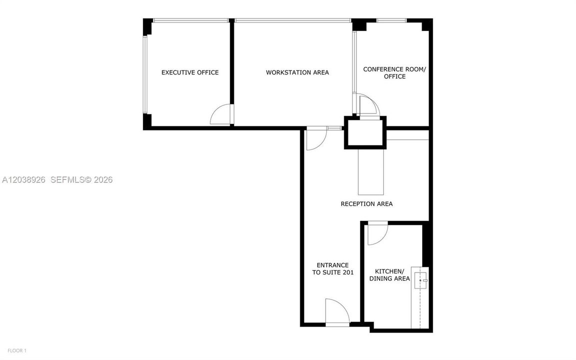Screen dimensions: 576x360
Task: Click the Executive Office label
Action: click(x=190, y=72)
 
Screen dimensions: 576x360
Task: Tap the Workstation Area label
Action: click(x=297, y=72)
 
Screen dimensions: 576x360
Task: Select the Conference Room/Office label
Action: click(x=395, y=72)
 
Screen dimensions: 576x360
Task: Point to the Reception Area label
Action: click(x=367, y=203)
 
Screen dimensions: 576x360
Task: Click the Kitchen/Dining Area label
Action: click(x=389, y=275)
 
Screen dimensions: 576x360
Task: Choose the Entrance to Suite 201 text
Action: click(x=333, y=269)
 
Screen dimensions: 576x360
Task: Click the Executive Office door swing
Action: click(x=222, y=114)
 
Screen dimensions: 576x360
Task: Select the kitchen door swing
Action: click(x=378, y=233)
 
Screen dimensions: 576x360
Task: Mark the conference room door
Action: click(x=369, y=106)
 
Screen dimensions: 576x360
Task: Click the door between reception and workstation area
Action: click(x=316, y=138)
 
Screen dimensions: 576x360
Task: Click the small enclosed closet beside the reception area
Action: click(x=365, y=132)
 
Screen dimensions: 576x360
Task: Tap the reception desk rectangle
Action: click(x=371, y=171)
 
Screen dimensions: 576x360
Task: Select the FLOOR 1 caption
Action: click(x=17, y=350)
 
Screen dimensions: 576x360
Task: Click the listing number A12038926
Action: click(x=24, y=180)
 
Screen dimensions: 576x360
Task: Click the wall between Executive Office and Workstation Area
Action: click(x=232, y=72)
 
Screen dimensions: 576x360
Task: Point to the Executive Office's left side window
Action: click(x=145, y=74)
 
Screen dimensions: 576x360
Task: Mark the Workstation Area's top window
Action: click(x=293, y=20)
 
